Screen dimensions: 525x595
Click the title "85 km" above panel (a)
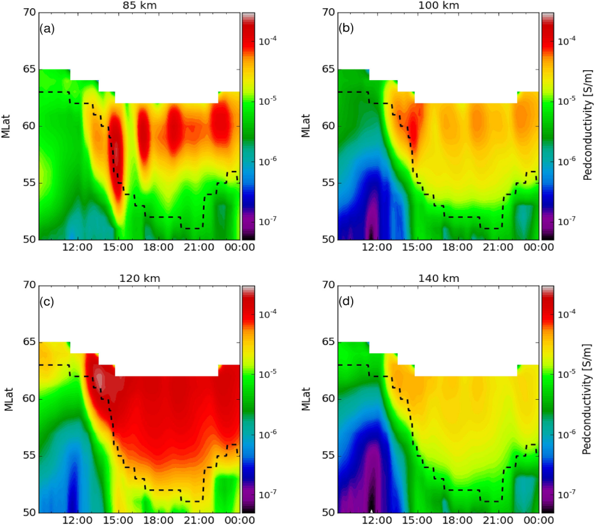click(139, 6)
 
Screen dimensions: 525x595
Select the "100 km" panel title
click(438, 6)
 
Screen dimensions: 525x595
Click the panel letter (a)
click(49, 29)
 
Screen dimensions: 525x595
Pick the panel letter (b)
click(348, 29)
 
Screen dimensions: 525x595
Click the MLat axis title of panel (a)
click(8, 126)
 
